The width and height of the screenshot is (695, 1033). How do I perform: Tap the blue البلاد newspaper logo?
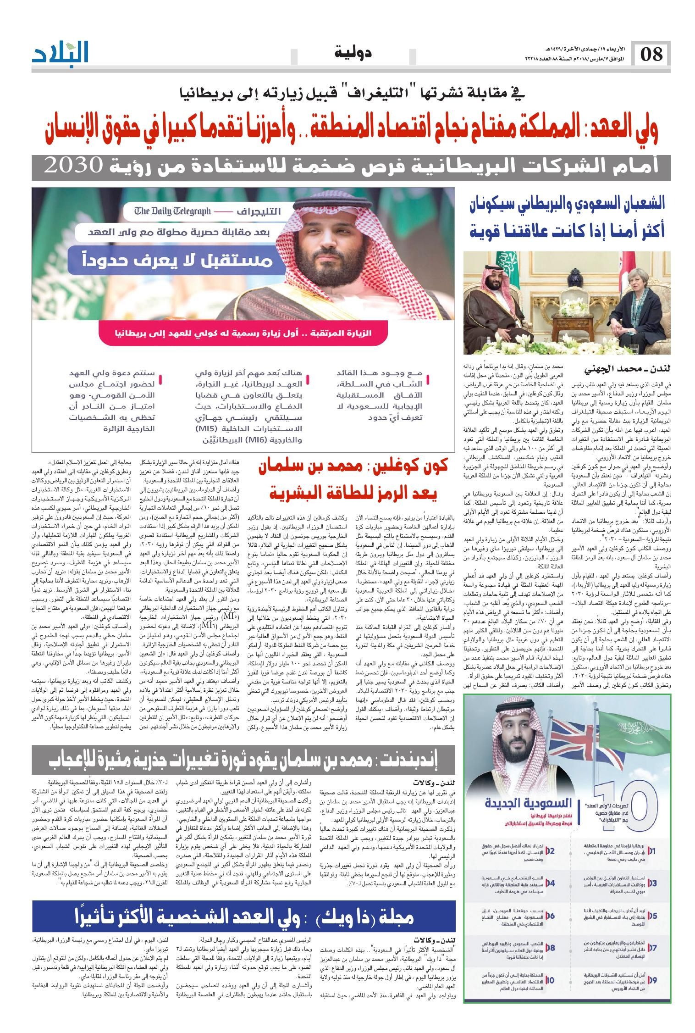[x=60, y=53]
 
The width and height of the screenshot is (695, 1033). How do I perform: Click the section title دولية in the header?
[x=353, y=52]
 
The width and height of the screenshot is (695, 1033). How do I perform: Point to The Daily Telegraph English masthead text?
[x=173, y=211]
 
